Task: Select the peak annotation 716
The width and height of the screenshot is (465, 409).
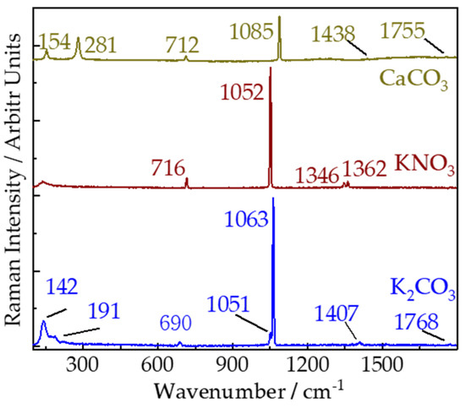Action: tap(172, 164)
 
